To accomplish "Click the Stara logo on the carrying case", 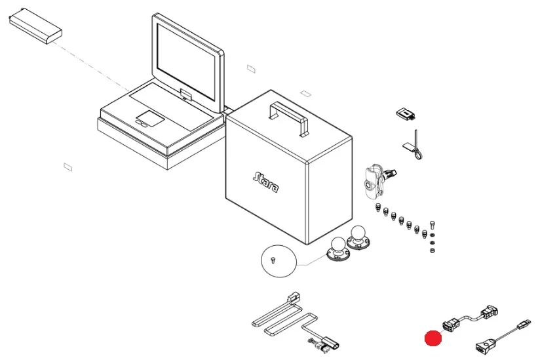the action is tap(265, 182).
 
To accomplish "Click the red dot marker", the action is tap(432, 338).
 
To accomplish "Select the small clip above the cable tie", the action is tap(406, 114).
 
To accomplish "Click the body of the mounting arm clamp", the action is tap(372, 180).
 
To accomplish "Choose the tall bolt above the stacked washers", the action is tap(432, 225).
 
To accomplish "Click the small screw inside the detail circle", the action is tap(275, 260).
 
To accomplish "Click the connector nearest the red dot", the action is tap(451, 323).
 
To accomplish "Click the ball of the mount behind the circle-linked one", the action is tap(358, 231).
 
